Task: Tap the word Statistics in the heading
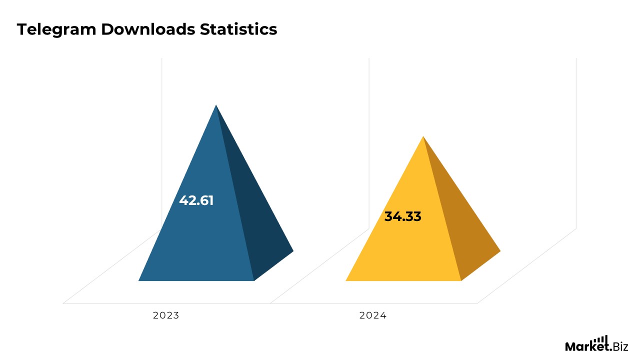click(238, 29)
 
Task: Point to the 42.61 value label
click(196, 200)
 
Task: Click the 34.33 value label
click(402, 216)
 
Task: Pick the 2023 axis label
click(166, 315)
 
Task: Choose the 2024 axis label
click(373, 315)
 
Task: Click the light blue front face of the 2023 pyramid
click(200, 240)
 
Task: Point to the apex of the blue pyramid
click(216, 105)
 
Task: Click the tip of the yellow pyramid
click(423, 136)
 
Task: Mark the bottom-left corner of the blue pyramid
click(139, 280)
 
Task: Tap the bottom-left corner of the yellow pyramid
click(346, 280)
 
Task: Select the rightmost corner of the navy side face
click(292, 250)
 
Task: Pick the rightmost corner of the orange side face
click(499, 250)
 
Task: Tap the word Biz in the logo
click(620, 346)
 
